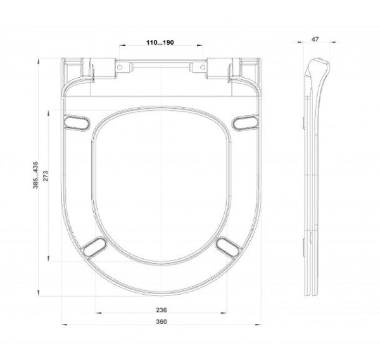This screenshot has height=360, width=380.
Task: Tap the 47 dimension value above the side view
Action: [x=315, y=40]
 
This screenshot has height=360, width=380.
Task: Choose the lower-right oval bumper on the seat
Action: [x=227, y=247]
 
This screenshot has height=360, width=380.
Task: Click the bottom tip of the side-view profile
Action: [x=310, y=297]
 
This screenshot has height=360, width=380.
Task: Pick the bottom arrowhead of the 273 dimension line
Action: [x=49, y=260]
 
